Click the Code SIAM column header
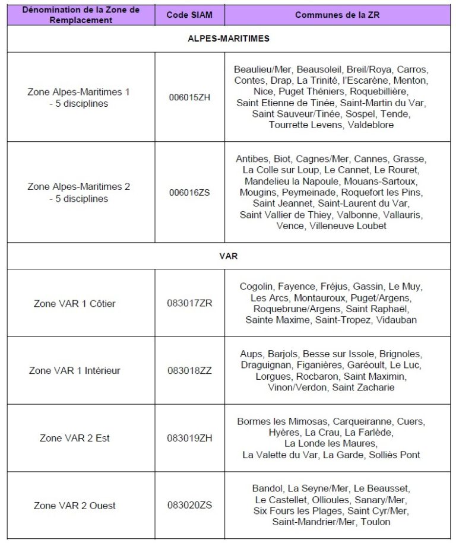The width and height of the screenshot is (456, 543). (x=189, y=15)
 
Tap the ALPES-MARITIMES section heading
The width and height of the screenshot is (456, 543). (x=229, y=39)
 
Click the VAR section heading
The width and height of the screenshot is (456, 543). (x=229, y=256)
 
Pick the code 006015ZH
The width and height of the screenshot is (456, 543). (x=189, y=97)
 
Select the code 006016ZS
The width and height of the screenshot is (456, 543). (x=189, y=192)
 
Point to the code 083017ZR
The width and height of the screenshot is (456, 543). (x=189, y=303)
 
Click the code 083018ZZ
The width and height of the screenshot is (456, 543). (x=189, y=370)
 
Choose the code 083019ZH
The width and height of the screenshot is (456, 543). (x=189, y=438)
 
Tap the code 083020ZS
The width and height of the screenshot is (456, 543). (x=189, y=506)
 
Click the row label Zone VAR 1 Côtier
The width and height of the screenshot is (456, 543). (x=75, y=303)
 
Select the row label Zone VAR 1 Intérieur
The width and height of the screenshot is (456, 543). (x=75, y=370)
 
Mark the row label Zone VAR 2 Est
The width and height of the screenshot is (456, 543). (x=75, y=438)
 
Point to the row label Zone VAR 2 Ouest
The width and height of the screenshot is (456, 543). (x=75, y=506)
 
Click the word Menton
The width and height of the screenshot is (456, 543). (x=410, y=80)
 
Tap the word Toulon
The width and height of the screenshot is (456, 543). (x=376, y=522)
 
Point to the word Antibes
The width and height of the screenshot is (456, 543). (x=252, y=159)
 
